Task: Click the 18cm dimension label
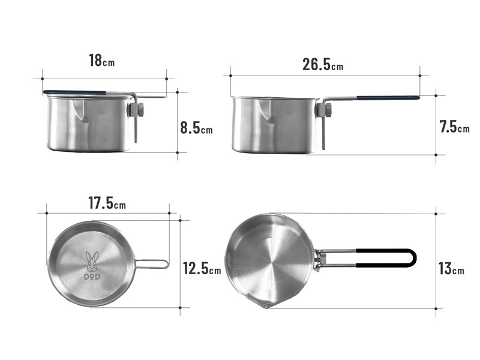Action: point(101,61)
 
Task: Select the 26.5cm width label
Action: point(323,65)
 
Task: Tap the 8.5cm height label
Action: point(196,128)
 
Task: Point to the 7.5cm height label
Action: point(454,127)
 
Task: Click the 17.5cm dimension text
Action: point(107,203)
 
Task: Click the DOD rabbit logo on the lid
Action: point(92,263)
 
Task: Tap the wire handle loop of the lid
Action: point(152,263)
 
